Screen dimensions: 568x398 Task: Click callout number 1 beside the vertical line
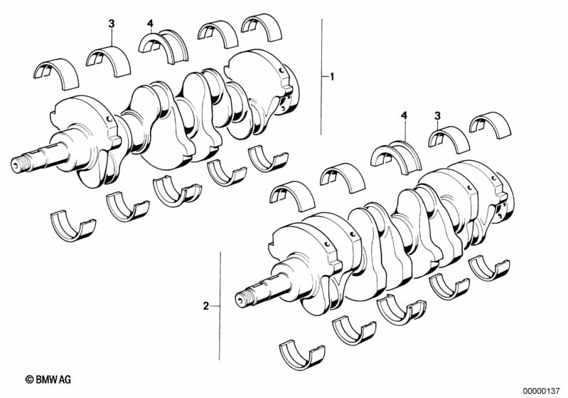point(332,77)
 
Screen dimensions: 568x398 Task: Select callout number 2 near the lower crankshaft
point(205,306)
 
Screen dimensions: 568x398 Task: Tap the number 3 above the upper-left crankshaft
point(112,24)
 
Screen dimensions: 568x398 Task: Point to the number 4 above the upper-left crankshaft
point(150,24)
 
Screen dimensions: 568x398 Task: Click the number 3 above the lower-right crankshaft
point(438,116)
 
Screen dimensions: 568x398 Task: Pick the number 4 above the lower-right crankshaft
point(404,116)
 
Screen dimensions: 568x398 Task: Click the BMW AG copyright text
point(48,379)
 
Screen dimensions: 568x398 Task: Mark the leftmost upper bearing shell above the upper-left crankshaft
point(56,74)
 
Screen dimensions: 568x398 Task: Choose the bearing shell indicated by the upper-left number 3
point(109,61)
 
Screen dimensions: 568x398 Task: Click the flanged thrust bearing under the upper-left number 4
point(164,46)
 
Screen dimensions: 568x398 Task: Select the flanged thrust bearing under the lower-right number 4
point(396,157)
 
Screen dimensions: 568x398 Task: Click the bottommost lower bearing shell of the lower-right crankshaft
point(302,355)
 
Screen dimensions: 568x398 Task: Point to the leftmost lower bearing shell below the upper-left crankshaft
point(73,226)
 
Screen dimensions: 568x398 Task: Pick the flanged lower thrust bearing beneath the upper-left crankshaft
point(177,191)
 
